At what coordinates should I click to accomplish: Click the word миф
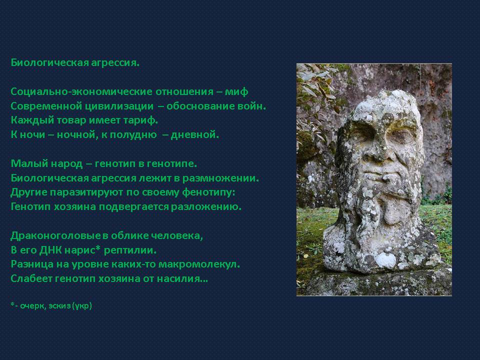coord(236,91)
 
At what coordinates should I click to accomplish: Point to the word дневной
coord(194,134)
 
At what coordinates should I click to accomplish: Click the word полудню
coord(133,134)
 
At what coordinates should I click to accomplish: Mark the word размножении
coord(220,178)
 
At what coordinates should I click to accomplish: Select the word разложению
coord(206,207)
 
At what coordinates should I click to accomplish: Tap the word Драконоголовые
coord(55,235)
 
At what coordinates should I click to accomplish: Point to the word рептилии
coord(130,250)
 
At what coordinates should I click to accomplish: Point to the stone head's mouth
coord(382,177)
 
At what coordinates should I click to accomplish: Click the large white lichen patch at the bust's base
coord(385,260)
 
